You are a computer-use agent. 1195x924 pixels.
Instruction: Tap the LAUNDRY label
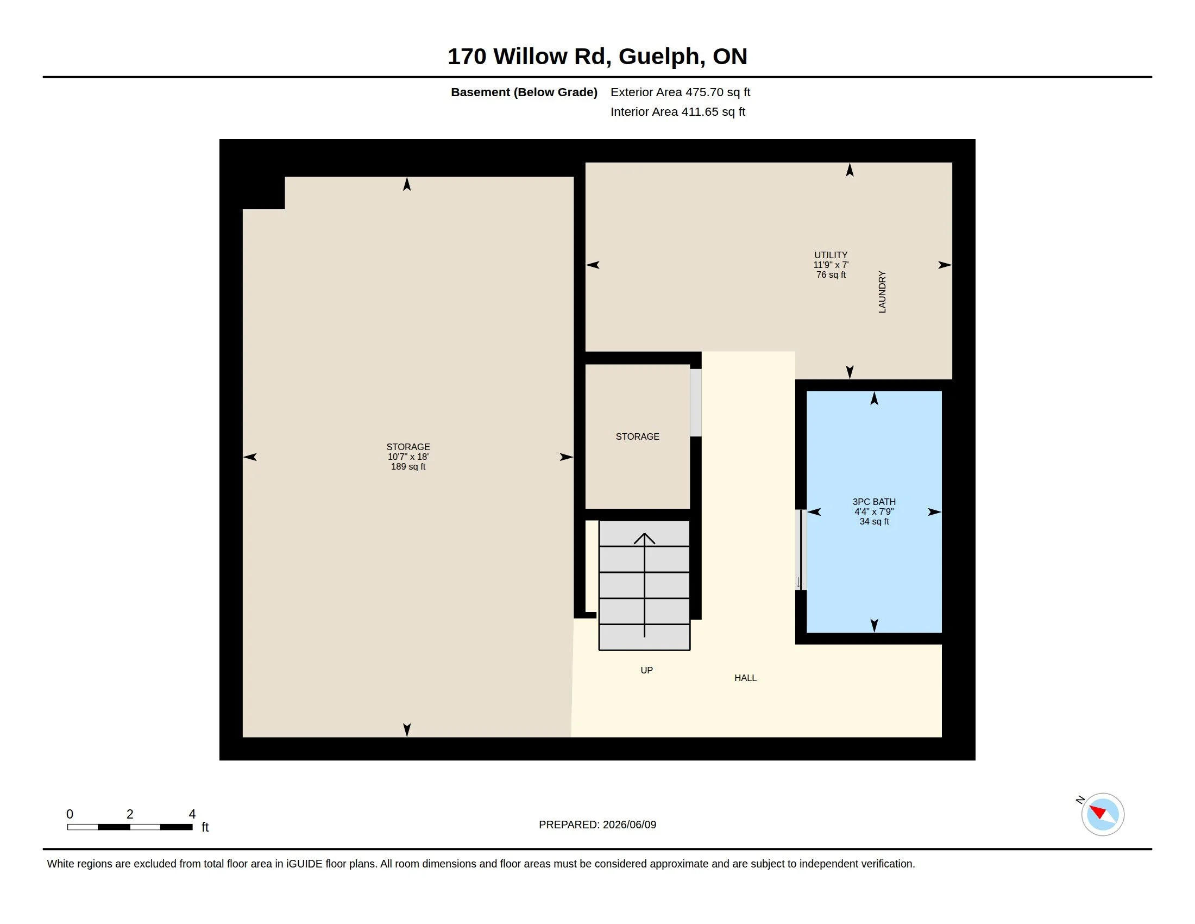coord(882,292)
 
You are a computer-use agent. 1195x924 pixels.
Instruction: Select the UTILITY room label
coord(831,255)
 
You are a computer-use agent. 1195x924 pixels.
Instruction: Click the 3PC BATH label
coord(874,502)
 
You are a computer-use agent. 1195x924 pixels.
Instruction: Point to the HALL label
coord(745,678)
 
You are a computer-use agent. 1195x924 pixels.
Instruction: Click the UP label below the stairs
coord(647,670)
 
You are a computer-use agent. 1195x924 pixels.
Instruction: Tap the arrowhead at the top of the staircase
coord(645,538)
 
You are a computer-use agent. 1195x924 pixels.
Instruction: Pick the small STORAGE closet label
coord(638,436)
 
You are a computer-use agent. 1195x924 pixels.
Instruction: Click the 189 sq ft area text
coord(408,466)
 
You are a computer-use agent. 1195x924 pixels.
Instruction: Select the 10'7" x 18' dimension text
coord(408,457)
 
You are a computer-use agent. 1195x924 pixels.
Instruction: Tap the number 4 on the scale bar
coord(192,814)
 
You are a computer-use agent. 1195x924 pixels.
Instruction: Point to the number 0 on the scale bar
coord(70,814)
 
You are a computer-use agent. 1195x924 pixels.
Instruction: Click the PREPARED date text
coord(597,825)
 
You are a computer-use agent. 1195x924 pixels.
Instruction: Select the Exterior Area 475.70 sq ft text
coord(680,92)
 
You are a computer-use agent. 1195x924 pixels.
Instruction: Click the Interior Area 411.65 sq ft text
coord(677,111)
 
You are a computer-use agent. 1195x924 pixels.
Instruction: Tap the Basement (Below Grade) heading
coord(524,92)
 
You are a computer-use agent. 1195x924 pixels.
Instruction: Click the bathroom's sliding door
coord(801,550)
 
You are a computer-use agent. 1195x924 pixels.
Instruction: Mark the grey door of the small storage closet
coord(695,402)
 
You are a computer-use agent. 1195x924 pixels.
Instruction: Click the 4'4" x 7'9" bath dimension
coord(874,511)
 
